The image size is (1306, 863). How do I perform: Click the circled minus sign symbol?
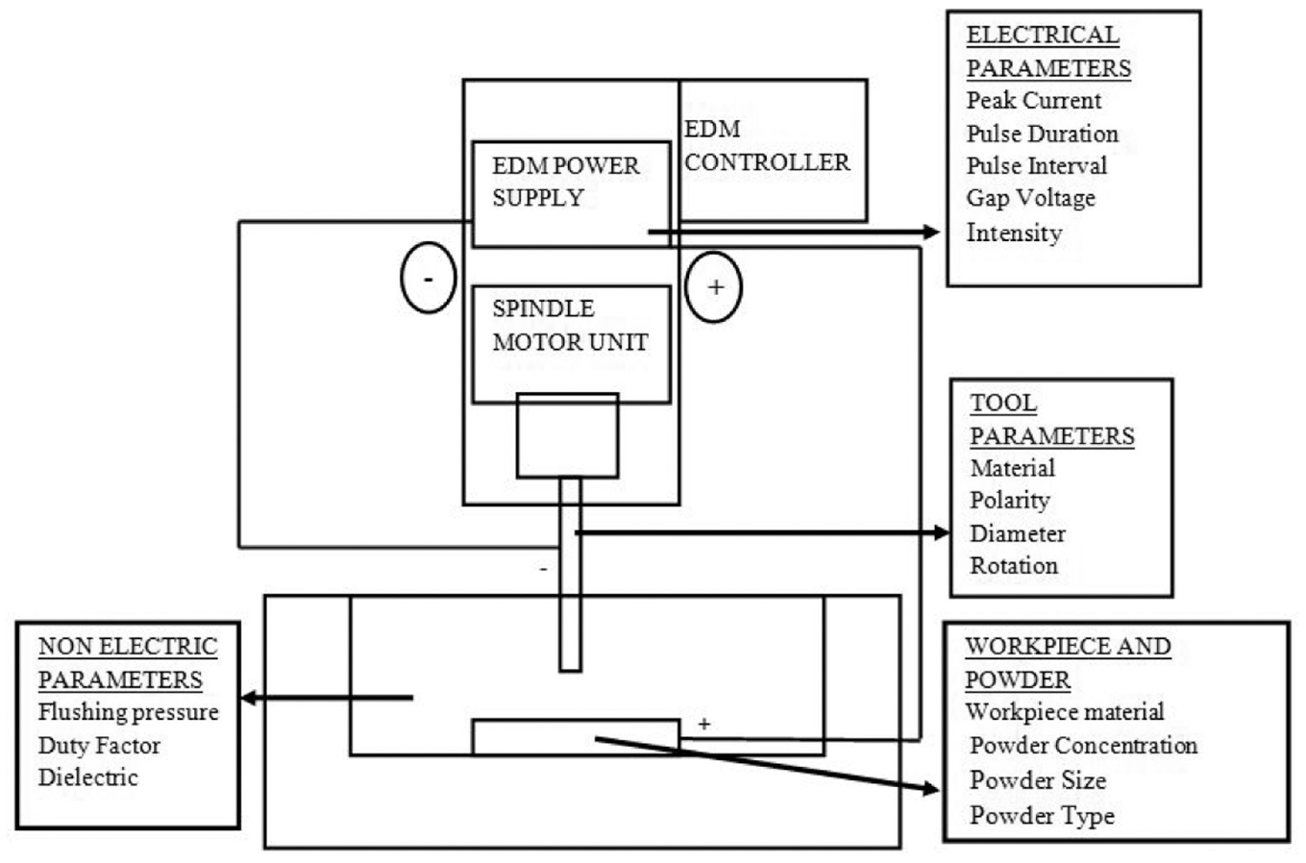(x=429, y=278)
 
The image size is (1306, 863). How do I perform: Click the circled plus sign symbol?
(x=714, y=287)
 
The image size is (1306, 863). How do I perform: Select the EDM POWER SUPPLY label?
(x=565, y=182)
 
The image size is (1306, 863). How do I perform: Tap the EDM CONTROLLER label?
(x=767, y=146)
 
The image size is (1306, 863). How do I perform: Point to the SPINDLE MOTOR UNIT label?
(x=570, y=326)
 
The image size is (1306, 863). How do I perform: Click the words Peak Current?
(x=1034, y=100)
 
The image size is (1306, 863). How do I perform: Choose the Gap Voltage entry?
(x=1031, y=199)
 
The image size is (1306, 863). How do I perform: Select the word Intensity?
(x=1015, y=234)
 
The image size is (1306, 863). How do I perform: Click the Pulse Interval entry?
(x=1037, y=165)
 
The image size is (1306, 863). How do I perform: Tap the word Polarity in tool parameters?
(x=1010, y=501)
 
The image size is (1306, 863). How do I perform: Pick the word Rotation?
(x=1014, y=566)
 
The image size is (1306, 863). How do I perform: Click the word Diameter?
(x=1018, y=533)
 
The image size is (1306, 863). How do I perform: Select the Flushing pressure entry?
(x=128, y=712)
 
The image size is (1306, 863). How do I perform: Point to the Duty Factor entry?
(x=99, y=745)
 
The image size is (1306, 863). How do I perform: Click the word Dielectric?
(x=88, y=777)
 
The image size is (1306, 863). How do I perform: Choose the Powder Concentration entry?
(x=1083, y=745)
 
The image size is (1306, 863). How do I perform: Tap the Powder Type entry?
(x=1042, y=816)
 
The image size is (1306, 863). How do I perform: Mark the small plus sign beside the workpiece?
(x=704, y=725)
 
